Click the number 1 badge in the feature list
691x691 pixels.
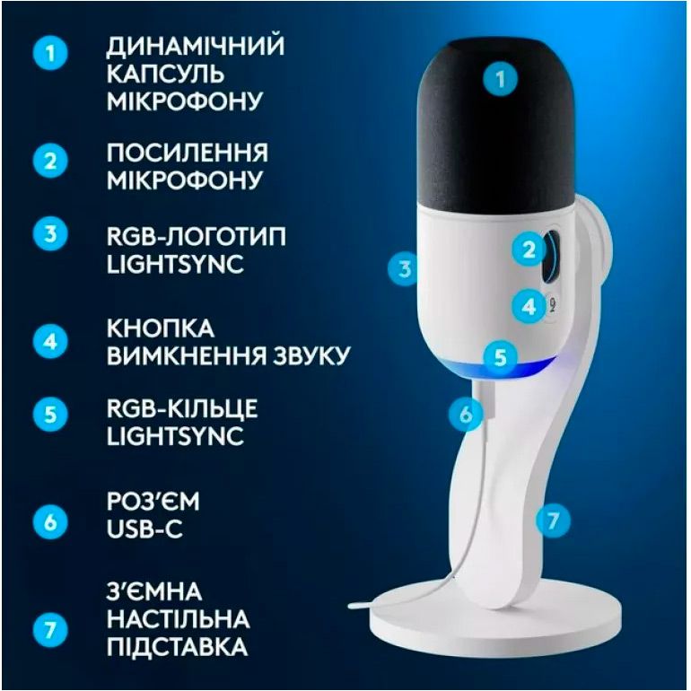click(50, 53)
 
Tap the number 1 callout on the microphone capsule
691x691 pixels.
click(500, 80)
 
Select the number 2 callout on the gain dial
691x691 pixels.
click(529, 250)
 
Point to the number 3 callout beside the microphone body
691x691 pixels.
click(405, 268)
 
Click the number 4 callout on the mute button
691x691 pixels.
click(529, 306)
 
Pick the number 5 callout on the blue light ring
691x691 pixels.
click(500, 356)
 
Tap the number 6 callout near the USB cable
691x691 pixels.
click(466, 415)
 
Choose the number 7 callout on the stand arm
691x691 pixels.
click(553, 520)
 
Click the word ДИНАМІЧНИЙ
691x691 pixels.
click(196, 47)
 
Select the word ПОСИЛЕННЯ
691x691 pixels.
click(188, 153)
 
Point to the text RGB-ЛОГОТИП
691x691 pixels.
click(197, 237)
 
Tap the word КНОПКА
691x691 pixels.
click(161, 328)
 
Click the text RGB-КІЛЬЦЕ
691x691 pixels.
click(182, 408)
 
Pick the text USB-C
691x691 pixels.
click(144, 529)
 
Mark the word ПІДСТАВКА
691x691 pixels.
click(177, 646)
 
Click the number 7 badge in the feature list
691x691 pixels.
click(50, 629)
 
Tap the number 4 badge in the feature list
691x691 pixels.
click(50, 342)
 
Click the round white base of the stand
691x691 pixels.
click(495, 617)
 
